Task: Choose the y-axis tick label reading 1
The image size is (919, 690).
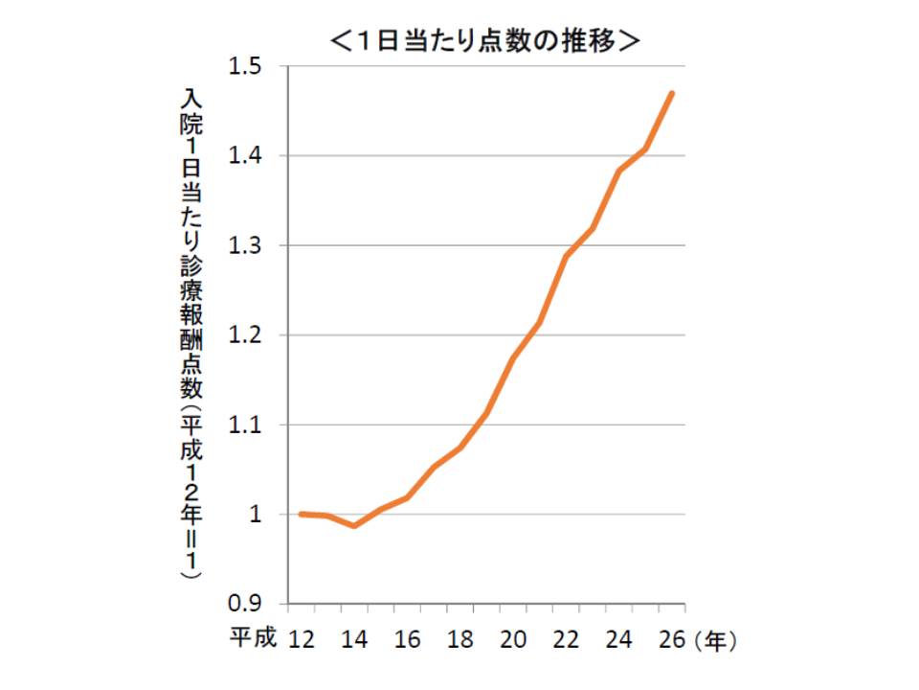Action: tap(257, 515)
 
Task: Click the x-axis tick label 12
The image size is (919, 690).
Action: tap(303, 638)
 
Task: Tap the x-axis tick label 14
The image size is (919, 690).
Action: tap(354, 638)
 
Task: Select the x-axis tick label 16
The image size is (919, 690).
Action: tap(408, 638)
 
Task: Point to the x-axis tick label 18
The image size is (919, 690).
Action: tap(460, 638)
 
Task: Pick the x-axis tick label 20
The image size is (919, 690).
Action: tap(513, 638)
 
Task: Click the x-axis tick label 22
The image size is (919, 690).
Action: tap(566, 638)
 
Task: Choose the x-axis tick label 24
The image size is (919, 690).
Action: tap(618, 638)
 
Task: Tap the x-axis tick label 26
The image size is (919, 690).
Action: tap(671, 638)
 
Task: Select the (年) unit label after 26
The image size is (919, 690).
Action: tap(717, 639)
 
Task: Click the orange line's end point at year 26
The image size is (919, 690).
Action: tap(672, 93)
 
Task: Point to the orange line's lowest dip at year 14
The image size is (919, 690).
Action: tap(354, 525)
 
